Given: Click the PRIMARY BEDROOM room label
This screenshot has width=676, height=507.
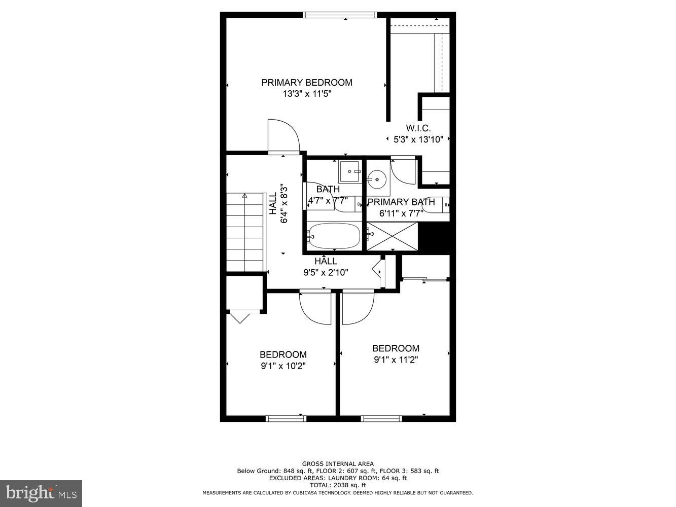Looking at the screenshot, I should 306,82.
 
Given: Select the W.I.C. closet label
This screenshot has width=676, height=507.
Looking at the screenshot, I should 418,128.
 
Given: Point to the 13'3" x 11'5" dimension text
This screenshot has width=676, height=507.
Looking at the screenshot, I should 306,94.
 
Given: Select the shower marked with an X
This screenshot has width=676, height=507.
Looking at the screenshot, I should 392,236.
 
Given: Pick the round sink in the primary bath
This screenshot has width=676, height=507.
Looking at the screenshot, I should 377,179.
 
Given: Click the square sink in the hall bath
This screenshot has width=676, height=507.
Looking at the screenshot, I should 349,171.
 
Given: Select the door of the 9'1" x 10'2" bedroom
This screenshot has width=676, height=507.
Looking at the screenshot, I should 315,307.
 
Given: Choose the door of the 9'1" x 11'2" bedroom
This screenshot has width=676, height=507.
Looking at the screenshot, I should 358,307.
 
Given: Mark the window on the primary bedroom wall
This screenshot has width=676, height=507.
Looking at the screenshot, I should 340,15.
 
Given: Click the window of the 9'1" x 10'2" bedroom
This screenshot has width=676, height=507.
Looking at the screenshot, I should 287,418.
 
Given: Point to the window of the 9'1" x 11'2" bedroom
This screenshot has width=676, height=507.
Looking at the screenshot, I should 381,418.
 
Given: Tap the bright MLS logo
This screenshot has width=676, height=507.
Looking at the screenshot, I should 41,492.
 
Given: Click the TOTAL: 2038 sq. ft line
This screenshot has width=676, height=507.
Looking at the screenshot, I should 338,485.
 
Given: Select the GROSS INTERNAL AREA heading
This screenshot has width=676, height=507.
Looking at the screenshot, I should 338,463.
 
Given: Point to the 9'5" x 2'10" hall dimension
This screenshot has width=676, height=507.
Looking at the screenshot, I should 326,272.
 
